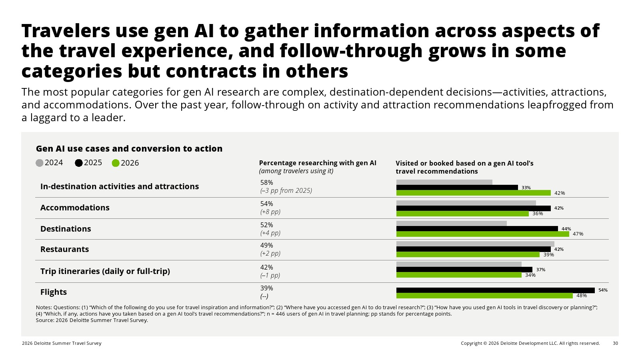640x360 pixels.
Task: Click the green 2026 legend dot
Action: coord(116,163)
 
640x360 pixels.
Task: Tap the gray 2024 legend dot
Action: coord(40,163)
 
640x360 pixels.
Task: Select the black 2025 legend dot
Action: coord(78,163)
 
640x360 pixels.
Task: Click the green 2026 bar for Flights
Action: coord(484,296)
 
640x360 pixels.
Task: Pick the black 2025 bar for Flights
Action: coord(496,290)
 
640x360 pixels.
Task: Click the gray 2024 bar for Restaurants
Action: coord(475,244)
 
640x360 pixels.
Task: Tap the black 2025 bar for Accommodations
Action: coord(474,208)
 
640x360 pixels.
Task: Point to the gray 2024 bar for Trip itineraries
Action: coord(459,264)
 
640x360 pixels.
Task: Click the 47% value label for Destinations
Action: coord(578,234)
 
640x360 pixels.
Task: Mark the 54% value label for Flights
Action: coord(603,290)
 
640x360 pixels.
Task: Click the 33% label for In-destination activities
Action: coord(526,188)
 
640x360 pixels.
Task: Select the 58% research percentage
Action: coord(266,182)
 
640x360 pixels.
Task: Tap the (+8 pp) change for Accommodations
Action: coord(270,212)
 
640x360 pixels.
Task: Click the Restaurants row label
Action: coord(64,249)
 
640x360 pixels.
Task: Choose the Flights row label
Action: coord(54,292)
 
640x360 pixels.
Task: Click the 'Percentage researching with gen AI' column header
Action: coord(318,163)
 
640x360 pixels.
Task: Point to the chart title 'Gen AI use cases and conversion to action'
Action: coord(129,148)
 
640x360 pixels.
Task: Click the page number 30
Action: coord(616,343)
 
